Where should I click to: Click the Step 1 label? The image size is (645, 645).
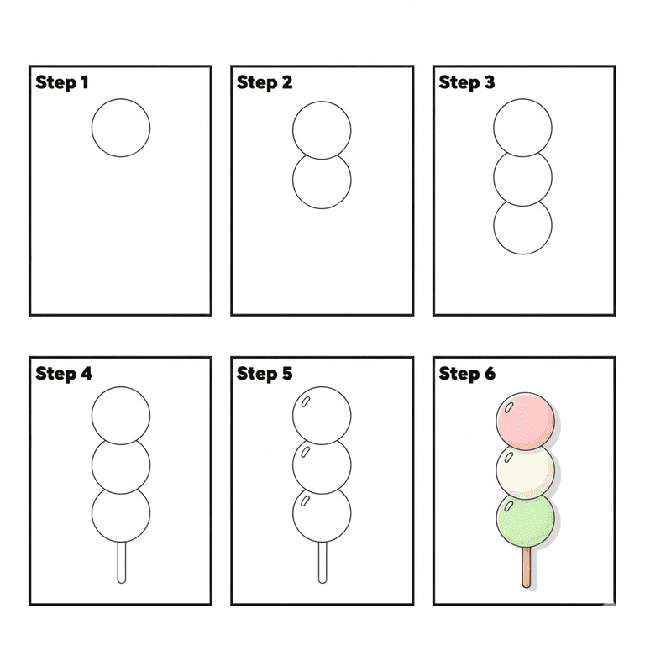62,82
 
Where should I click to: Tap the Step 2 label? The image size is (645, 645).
265,82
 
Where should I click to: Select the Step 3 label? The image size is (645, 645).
467,82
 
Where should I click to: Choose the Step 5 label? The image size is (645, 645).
265,374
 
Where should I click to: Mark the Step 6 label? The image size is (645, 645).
467,374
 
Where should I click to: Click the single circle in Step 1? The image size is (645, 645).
121,128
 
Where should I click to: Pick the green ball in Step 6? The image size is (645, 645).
526,521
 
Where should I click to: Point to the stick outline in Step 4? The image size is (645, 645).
121,563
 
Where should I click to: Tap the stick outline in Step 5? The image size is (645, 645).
322,563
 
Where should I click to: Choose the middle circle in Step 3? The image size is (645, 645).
523,177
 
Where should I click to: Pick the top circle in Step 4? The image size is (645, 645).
121,415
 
